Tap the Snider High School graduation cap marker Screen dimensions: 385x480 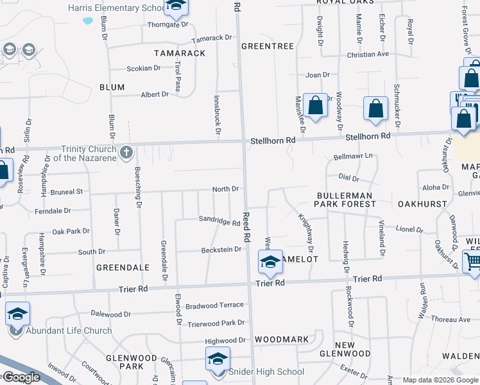point(218,359)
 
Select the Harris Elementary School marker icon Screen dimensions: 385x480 point(174,6)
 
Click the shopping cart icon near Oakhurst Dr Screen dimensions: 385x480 point(472,261)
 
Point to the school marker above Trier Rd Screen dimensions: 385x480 point(270,261)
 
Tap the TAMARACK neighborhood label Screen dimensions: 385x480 point(180,53)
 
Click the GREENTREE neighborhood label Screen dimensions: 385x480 point(267,46)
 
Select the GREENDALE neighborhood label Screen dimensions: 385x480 point(123,267)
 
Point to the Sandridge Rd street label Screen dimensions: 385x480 point(219,221)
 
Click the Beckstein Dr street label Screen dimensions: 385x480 point(221,250)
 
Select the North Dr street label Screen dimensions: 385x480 point(225,189)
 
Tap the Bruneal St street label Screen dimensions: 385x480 point(67,191)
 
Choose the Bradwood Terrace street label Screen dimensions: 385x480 point(214,305)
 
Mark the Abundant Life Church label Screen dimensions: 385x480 point(68,331)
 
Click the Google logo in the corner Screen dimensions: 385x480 point(21,377)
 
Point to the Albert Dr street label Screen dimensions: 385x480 point(155,94)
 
